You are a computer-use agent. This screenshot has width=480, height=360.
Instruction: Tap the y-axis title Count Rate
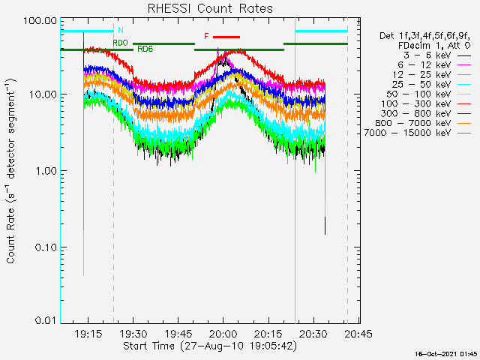(x=12, y=171)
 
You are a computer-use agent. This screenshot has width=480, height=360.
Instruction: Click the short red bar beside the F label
(x=226, y=36)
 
